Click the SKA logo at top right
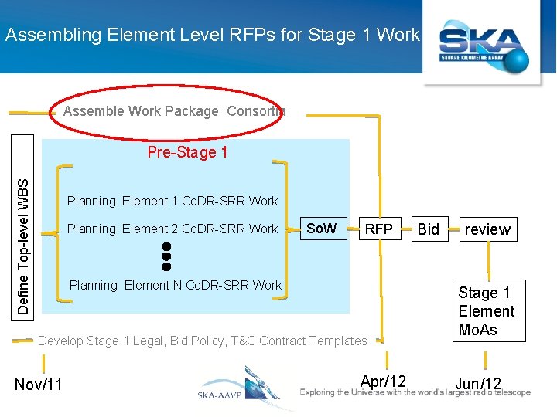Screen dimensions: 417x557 484,48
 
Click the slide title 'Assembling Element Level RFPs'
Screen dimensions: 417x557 212,35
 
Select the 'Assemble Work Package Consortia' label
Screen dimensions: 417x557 174,111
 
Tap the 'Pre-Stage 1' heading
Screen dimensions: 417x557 187,152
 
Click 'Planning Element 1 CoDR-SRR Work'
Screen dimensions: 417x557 172,201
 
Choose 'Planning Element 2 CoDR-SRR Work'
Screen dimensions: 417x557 172,229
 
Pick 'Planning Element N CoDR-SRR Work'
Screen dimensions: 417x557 176,285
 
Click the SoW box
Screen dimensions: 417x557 321,229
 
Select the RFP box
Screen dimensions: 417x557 379,229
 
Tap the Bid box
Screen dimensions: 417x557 428,229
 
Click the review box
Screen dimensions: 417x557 487,229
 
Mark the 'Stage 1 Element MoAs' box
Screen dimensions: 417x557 486,311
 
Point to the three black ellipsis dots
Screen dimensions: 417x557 166,256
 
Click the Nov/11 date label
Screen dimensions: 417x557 39,385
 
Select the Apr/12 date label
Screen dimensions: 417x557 383,381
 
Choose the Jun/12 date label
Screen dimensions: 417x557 478,384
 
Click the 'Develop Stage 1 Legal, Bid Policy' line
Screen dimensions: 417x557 203,341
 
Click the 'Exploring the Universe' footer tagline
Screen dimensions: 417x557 415,392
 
